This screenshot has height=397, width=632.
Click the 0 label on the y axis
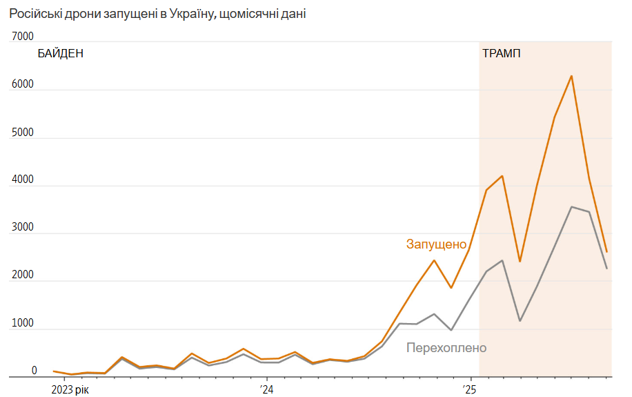click(x=34, y=371)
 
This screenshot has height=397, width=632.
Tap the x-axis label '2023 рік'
click(x=70, y=390)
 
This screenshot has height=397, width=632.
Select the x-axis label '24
click(x=266, y=390)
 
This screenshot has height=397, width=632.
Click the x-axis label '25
click(x=470, y=390)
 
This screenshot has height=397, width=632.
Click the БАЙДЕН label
click(x=61, y=54)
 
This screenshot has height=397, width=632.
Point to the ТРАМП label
click(x=502, y=54)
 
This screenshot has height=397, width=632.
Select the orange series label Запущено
click(x=436, y=244)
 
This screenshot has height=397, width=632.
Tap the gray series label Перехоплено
click(x=446, y=347)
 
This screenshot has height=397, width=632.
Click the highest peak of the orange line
click(x=571, y=76)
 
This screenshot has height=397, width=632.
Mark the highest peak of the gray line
click(x=571, y=206)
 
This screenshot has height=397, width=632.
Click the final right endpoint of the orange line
click(x=606, y=251)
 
